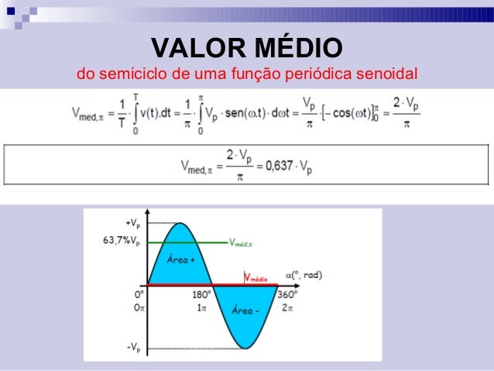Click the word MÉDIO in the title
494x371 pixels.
pos(297,49)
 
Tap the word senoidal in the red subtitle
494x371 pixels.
pos(386,75)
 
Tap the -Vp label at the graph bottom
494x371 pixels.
pos(132,348)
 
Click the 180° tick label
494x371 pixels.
pos(202,294)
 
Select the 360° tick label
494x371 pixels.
pos(286,294)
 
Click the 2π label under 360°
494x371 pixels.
pos(286,307)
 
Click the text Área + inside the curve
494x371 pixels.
pos(180,261)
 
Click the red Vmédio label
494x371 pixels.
pos(256,277)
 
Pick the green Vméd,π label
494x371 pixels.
pos(246,242)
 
